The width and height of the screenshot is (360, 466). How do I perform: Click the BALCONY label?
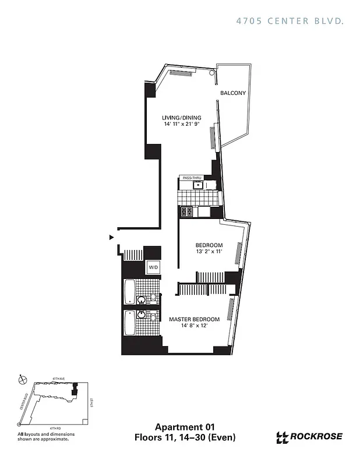pos(233,93)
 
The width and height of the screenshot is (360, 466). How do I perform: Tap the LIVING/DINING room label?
pos(181,118)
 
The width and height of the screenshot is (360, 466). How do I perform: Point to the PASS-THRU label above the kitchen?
pos(192,177)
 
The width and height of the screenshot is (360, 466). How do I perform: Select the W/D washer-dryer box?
pos(153,267)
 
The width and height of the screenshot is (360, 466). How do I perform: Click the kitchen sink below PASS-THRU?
pos(198,186)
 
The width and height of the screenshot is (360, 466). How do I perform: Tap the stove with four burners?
pos(187,212)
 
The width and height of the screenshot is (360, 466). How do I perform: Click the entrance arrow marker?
pos(111,237)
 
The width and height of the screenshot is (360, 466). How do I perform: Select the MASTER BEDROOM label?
pos(194,319)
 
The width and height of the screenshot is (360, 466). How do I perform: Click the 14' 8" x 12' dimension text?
pos(194,327)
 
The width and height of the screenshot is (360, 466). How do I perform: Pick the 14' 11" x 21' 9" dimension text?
pos(181,125)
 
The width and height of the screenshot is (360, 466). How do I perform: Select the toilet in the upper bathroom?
pos(153,297)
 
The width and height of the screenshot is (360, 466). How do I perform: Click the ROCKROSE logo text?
pos(316,436)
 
